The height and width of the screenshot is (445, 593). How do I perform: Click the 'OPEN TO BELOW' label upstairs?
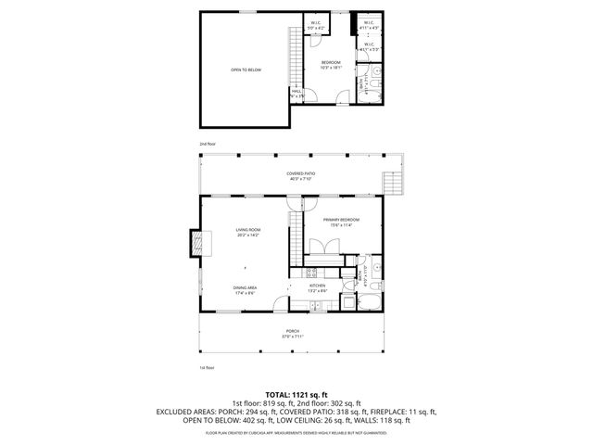[245, 70]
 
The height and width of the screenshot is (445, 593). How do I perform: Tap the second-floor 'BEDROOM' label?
[331, 63]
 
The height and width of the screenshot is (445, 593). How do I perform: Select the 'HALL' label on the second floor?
[297, 91]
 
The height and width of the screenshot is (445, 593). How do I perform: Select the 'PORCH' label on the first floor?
[293, 331]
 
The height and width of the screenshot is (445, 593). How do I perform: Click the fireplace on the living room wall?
[196, 244]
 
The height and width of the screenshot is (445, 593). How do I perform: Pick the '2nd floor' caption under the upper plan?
[208, 144]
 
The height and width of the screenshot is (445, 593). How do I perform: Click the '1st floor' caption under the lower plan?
[208, 368]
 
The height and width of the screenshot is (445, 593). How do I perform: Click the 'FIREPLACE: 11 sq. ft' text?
[401, 411]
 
